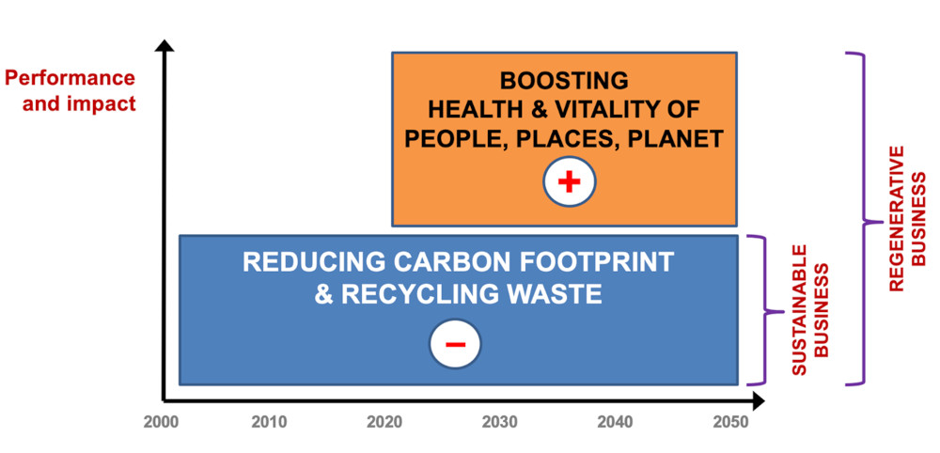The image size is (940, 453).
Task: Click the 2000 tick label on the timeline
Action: click(x=161, y=422)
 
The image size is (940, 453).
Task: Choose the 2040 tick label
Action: click(x=615, y=422)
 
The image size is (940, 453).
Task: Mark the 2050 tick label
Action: click(x=730, y=422)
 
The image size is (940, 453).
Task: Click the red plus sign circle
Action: click(x=569, y=182)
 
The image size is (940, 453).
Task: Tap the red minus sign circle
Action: click(x=455, y=345)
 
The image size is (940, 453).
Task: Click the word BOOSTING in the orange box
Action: click(x=564, y=80)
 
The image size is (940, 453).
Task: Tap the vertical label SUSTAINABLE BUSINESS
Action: click(x=810, y=310)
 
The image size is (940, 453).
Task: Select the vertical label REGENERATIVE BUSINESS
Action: click(x=907, y=219)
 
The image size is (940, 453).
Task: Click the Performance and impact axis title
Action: click(x=71, y=90)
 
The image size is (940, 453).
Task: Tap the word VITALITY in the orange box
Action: click(x=618, y=110)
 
